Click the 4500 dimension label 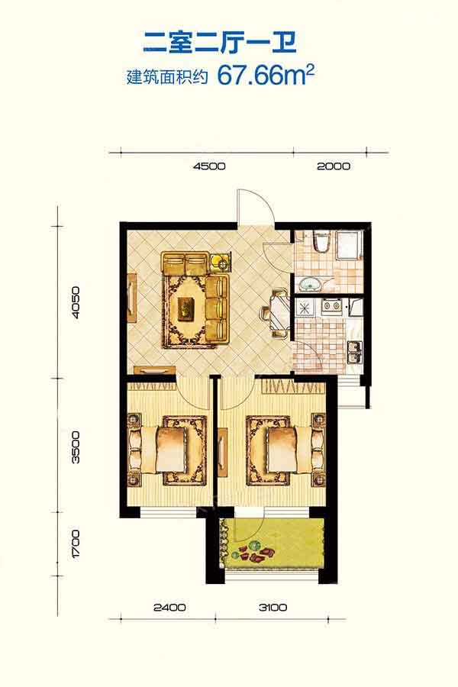209,166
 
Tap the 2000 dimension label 334,166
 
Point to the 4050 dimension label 76,302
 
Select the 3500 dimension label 76,447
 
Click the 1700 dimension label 76,543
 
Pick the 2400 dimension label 169,608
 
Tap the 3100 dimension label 273,608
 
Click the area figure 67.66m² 266,75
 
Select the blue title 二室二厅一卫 220,43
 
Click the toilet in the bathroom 321,242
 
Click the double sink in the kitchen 354,352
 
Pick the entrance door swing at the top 256,206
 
